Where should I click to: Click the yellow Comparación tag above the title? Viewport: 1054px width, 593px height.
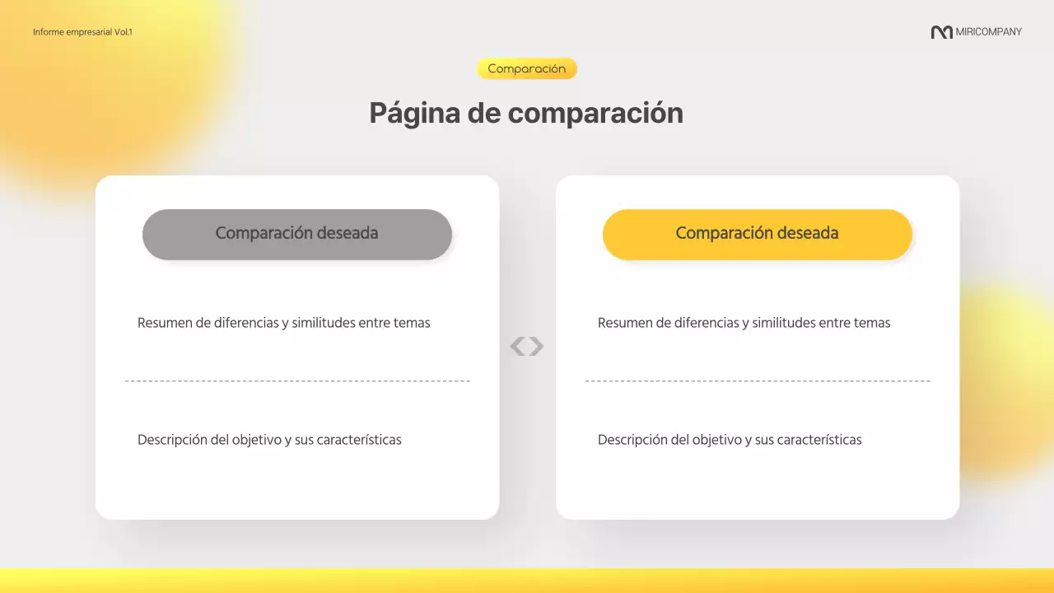527,69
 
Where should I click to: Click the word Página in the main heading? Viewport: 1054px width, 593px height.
414,113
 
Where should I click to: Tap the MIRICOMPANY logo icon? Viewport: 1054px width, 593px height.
941,32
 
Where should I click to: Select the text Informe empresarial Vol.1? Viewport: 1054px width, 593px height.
82,32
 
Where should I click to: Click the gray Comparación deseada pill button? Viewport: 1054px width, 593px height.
296,234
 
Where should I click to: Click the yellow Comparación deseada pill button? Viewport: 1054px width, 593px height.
757,234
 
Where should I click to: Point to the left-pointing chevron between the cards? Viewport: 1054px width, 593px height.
517,347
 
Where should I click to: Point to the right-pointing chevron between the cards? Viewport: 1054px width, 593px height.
537,347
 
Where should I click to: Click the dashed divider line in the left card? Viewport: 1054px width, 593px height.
297,381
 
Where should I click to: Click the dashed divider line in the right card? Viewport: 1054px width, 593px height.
758,381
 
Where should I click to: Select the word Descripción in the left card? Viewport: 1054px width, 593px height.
172,440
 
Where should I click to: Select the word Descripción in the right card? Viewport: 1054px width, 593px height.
632,440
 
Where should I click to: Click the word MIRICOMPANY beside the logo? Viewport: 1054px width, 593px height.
989,32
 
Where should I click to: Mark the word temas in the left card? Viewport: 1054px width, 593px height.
411,323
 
